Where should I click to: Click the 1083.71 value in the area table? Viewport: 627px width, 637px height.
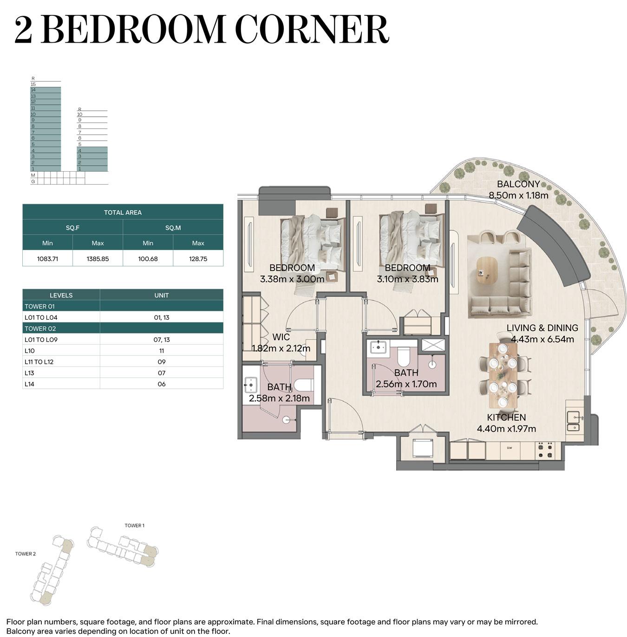[47, 259]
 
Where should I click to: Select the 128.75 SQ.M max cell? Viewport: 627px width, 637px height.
[198, 259]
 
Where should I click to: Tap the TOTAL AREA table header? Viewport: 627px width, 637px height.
[123, 212]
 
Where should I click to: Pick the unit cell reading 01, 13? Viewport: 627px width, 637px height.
[162, 317]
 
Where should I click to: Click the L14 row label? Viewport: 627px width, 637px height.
[29, 384]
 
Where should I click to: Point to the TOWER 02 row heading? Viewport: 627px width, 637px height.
[40, 328]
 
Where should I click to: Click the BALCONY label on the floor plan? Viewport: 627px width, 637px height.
[518, 184]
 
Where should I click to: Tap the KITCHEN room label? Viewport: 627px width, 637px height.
[506, 418]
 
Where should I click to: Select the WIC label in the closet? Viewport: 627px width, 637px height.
[281, 337]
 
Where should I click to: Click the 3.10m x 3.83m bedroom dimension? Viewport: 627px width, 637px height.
[407, 279]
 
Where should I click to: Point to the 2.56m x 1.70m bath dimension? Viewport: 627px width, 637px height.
[406, 384]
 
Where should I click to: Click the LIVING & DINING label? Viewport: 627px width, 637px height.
[542, 328]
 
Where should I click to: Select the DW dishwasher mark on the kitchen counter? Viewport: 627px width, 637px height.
[509, 448]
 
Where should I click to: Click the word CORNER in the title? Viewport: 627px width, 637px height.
[313, 29]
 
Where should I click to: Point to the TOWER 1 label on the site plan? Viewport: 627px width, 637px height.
[134, 525]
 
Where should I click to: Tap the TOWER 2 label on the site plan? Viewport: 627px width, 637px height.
[26, 553]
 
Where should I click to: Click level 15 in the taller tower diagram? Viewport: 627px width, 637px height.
[33, 84]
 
